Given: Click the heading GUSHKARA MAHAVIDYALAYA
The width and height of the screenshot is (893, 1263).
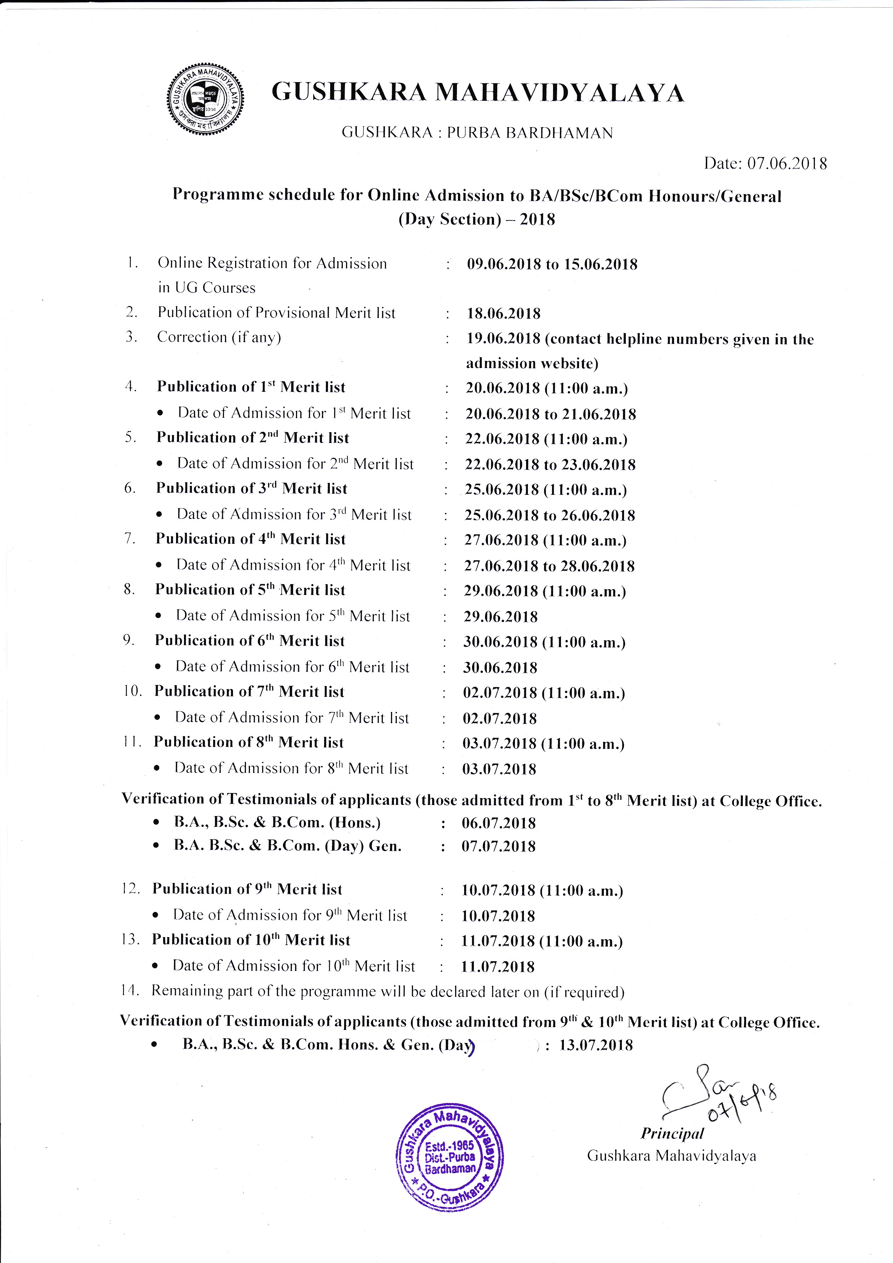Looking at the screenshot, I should [x=478, y=93].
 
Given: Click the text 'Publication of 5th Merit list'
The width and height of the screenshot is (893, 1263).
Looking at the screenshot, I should [x=250, y=590].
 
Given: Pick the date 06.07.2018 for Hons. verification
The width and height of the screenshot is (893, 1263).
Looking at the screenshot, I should [x=499, y=823].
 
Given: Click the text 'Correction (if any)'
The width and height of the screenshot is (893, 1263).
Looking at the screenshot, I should [x=219, y=337].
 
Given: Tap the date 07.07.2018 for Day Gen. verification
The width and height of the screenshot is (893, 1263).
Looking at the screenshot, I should [x=498, y=846].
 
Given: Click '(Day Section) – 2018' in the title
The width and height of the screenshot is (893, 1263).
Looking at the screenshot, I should [x=477, y=219].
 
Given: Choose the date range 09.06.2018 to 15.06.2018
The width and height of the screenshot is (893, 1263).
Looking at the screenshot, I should [x=552, y=265].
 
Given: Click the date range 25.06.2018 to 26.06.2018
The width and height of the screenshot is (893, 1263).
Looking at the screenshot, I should [x=550, y=515].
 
